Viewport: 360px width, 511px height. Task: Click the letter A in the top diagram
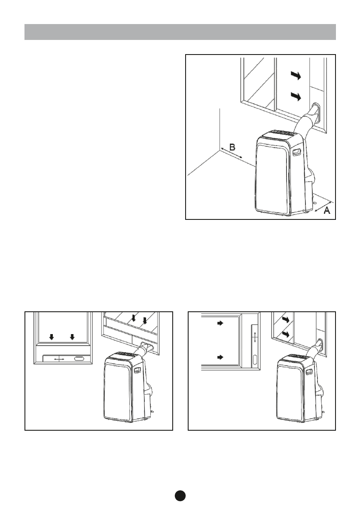coord(326,210)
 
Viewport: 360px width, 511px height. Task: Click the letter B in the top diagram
coord(232,147)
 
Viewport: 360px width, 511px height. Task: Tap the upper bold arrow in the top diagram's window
coord(296,76)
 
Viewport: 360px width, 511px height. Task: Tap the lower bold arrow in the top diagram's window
coord(296,96)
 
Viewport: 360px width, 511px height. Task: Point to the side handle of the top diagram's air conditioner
coord(296,152)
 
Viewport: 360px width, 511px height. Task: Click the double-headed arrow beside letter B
coord(232,154)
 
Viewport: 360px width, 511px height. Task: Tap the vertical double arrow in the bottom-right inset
coord(255,337)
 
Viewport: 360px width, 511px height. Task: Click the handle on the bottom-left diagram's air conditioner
coord(138,370)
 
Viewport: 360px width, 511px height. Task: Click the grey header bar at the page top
coord(180,32)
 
